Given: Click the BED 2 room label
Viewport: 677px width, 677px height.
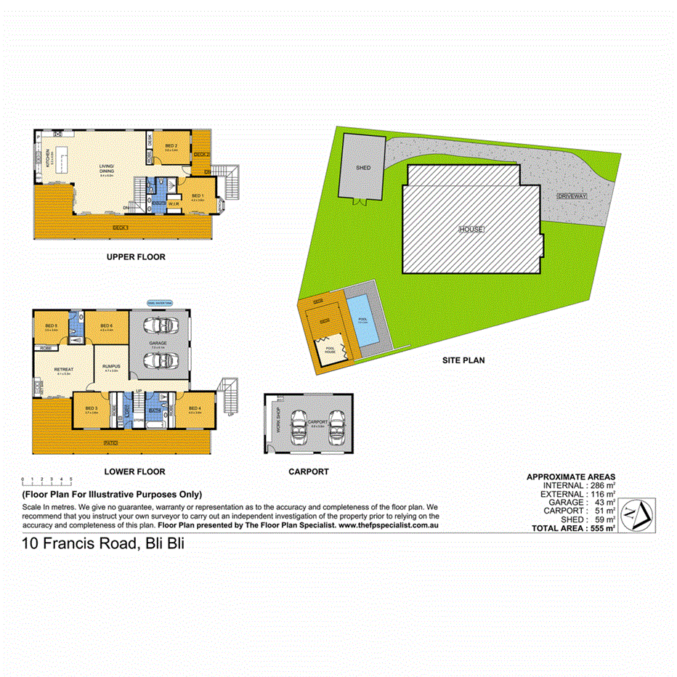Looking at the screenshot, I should pyautogui.click(x=171, y=147).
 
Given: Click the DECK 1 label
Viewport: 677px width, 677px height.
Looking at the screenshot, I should pyautogui.click(x=121, y=228).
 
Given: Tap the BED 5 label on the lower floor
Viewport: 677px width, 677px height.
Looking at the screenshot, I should pyautogui.click(x=51, y=325).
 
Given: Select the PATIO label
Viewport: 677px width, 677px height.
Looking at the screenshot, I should pyautogui.click(x=110, y=442).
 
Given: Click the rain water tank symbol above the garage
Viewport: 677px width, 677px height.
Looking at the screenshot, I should pyautogui.click(x=160, y=304).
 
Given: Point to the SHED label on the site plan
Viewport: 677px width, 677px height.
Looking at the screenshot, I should pyautogui.click(x=363, y=168).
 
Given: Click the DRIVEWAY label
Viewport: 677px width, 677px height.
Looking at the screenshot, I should pyautogui.click(x=572, y=197).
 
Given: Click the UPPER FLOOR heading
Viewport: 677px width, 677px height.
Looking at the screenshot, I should pyautogui.click(x=136, y=257).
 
